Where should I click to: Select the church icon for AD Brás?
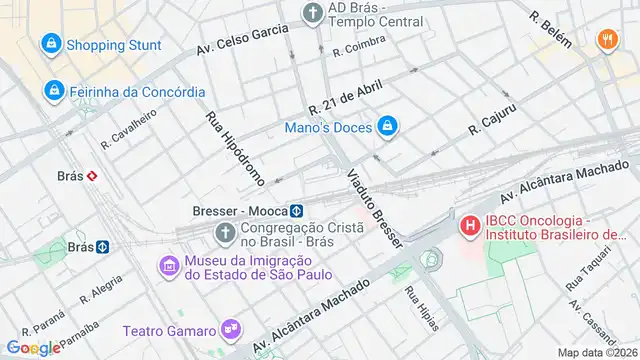[313, 13]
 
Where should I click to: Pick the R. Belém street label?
[551, 31]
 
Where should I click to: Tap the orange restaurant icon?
[606, 41]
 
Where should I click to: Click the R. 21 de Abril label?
[346, 98]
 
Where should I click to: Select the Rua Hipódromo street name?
[235, 148]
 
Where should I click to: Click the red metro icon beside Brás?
[92, 174]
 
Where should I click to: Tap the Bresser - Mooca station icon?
[297, 211]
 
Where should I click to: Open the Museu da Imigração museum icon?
[167, 267]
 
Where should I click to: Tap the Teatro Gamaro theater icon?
[231, 328]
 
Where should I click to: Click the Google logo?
[33, 347]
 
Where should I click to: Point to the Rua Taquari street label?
[585, 270]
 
